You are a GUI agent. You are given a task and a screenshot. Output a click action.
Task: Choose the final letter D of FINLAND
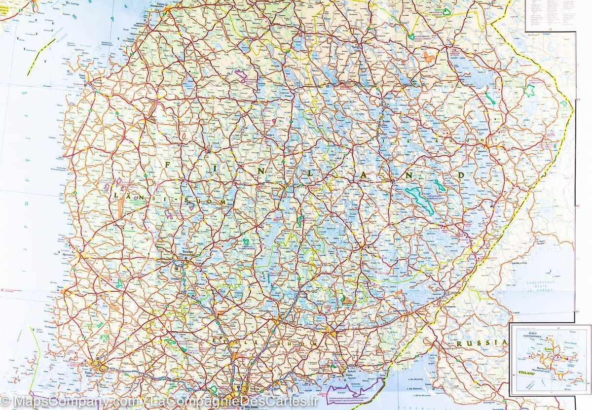(x=461, y=175)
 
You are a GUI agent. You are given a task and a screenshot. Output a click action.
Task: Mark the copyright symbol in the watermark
(x=6, y=400)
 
